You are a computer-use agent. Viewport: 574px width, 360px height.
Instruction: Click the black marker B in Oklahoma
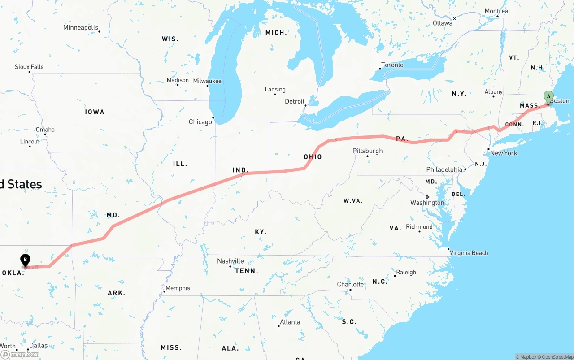pyautogui.click(x=26, y=260)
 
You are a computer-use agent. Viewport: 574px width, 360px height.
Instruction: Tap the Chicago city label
pyautogui.click(x=200, y=122)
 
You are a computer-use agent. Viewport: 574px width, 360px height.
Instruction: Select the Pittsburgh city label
pyautogui.click(x=367, y=151)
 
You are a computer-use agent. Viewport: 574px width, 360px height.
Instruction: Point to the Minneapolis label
pyautogui.click(x=80, y=27)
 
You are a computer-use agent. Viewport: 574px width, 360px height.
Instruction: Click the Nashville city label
pyautogui.click(x=230, y=261)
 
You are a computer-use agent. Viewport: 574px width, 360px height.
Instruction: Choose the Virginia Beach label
pyautogui.click(x=469, y=253)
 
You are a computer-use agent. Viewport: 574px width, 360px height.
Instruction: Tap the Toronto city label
pyautogui.click(x=392, y=65)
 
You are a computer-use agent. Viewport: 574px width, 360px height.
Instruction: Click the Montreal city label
pyautogui.click(x=497, y=11)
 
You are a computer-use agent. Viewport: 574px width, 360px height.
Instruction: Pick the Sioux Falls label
pyautogui.click(x=29, y=67)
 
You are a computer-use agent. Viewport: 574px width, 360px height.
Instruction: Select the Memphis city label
pyautogui.click(x=178, y=288)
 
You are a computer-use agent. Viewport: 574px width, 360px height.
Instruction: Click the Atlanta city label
pyautogui.click(x=290, y=322)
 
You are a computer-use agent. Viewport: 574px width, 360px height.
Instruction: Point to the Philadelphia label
pyautogui.click(x=444, y=169)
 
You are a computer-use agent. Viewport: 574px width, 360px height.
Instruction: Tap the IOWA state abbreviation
pyautogui.click(x=95, y=112)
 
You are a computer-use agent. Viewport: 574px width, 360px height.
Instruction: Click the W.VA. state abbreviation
pyautogui.click(x=353, y=200)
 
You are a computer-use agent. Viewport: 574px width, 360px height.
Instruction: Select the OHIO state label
pyautogui.click(x=313, y=157)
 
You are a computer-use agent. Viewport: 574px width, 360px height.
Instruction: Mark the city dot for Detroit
pyautogui.click(x=306, y=106)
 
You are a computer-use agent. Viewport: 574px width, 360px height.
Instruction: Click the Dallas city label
pyautogui.click(x=38, y=346)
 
